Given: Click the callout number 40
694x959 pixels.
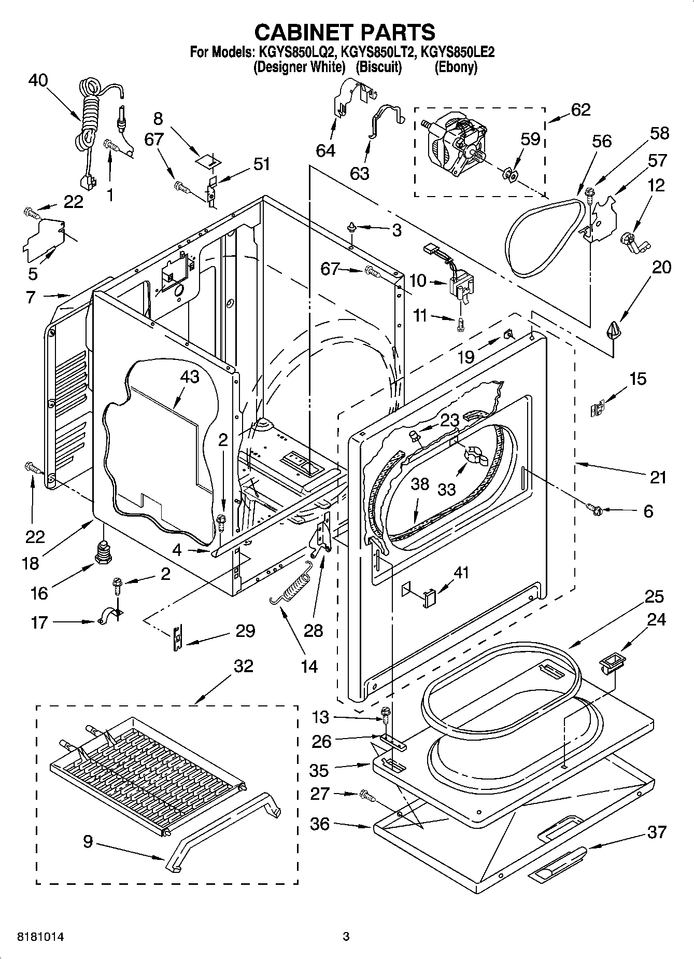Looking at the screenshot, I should (x=38, y=80).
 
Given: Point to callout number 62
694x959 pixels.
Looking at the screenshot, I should (x=580, y=110).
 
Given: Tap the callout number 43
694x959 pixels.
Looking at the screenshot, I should (x=189, y=377).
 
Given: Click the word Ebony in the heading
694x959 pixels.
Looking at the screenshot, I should (x=456, y=67).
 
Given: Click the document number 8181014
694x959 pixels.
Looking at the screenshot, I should (x=41, y=937).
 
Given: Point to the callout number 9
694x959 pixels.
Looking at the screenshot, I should (x=88, y=841).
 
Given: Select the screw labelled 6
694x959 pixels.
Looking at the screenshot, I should (x=594, y=511).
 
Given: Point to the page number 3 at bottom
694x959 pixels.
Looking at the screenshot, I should (x=346, y=937).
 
